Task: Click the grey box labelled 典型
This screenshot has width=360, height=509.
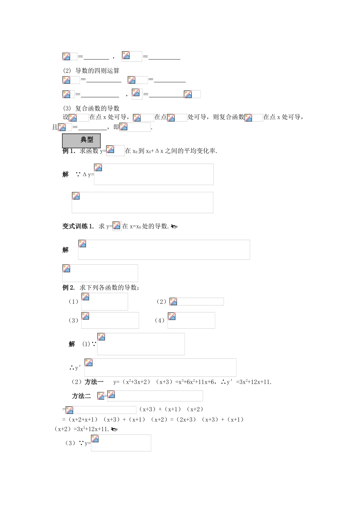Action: coord(81,140)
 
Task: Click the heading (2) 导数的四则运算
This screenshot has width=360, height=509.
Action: coord(91,71)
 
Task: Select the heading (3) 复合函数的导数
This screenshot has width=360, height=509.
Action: coord(91,108)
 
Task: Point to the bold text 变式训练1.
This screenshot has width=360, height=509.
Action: coord(78,226)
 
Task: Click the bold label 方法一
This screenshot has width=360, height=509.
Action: coord(94,382)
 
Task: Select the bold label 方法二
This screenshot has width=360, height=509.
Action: coord(81,396)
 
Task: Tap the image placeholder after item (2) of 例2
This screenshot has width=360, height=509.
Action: coord(196,302)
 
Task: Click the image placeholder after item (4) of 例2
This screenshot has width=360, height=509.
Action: coord(191,320)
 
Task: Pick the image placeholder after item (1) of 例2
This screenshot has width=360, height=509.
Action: coord(104,302)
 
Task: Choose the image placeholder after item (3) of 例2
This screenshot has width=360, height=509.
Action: coord(110,320)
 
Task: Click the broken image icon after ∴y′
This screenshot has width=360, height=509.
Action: coord(89,363)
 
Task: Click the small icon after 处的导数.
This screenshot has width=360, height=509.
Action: coord(174,227)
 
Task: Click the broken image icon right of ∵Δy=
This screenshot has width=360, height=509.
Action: coord(98,168)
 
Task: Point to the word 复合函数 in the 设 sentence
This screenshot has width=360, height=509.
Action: coord(232,117)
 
